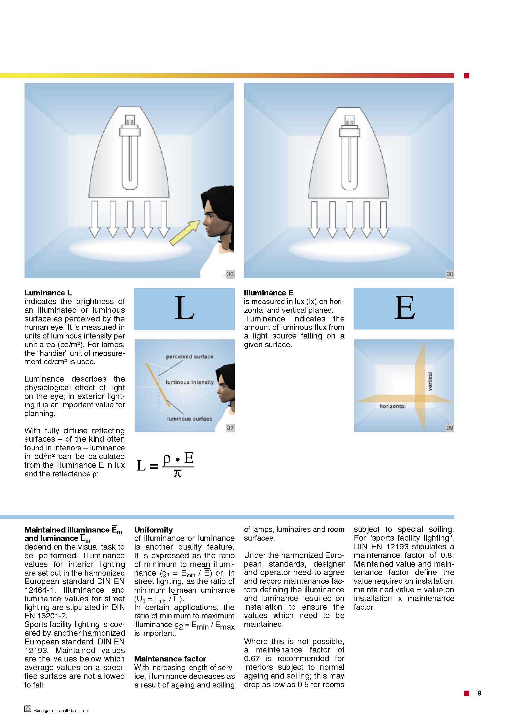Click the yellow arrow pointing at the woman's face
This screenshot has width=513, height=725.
185,233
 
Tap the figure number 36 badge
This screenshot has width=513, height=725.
230,274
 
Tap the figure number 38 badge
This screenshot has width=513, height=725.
450,274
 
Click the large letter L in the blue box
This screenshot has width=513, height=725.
185,308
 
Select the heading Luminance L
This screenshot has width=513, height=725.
48,292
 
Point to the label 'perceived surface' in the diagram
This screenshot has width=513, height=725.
190,356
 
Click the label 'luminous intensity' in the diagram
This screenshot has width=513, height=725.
190,382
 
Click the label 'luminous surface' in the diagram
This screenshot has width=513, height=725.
190,419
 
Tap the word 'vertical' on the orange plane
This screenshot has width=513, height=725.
430,381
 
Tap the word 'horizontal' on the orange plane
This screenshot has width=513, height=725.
392,406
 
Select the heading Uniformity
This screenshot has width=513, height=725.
153,529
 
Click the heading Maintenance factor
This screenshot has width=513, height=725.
170,659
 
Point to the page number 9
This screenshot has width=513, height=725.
479,693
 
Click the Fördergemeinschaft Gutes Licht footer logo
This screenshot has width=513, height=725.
28,709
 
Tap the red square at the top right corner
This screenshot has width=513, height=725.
466,75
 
